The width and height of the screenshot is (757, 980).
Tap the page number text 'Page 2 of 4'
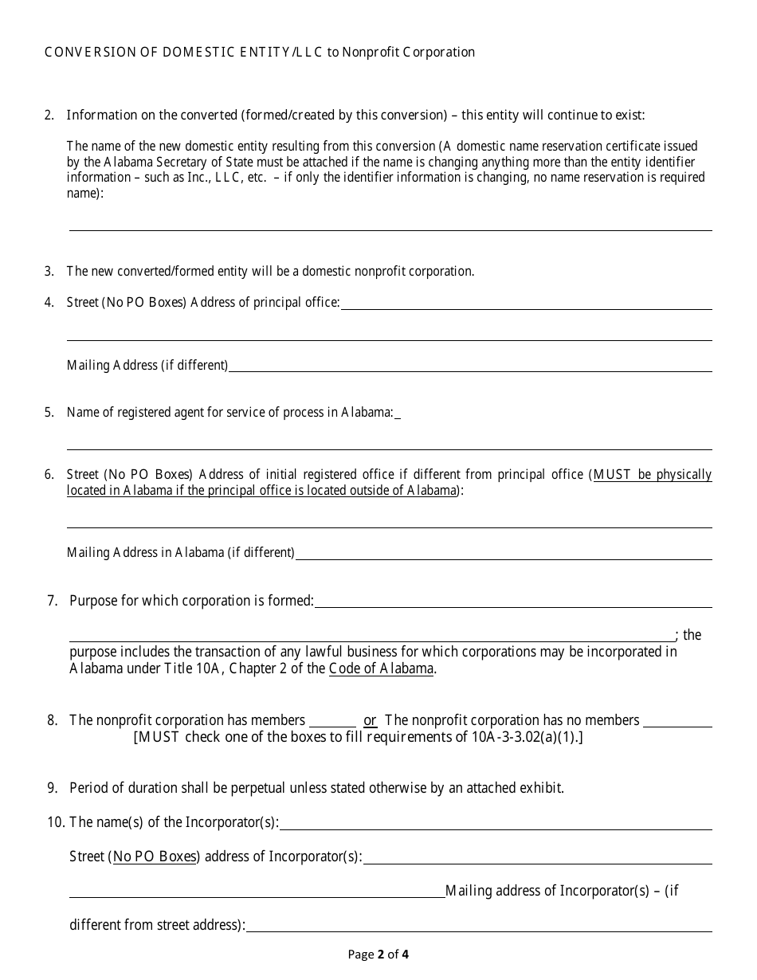tap(378, 954)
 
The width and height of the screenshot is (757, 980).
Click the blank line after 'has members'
tap(332, 721)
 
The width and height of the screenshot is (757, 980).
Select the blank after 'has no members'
tap(677, 721)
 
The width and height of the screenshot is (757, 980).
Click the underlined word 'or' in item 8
tap(371, 720)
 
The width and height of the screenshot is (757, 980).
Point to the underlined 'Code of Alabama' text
tap(381, 668)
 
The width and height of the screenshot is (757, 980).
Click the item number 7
tap(53, 601)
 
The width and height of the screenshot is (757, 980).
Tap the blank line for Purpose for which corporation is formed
tap(513, 602)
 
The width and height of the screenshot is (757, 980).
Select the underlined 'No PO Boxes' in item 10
tap(155, 857)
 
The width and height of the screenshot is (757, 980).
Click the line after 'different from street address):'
tap(478, 926)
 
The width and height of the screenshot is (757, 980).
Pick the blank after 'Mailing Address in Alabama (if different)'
tap(503, 553)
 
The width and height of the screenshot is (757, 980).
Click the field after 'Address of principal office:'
tap(526, 303)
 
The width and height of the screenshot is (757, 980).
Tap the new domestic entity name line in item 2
tap(390, 224)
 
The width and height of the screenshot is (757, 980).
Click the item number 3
tap(49, 271)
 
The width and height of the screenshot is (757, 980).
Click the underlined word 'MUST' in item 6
tap(612, 474)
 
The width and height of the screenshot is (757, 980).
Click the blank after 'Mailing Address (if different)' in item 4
tap(470, 365)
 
